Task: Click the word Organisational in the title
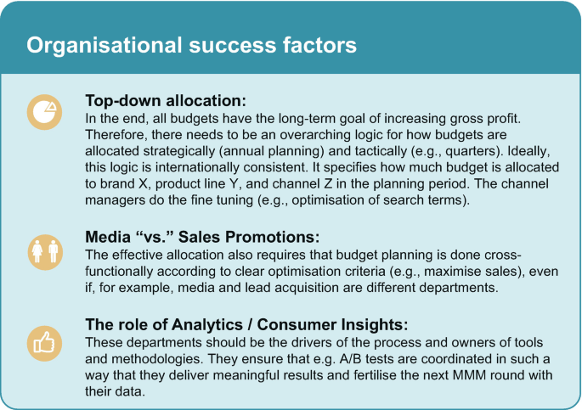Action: pyautogui.click(x=105, y=45)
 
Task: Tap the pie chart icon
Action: pyautogui.click(x=44, y=112)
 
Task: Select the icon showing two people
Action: pyautogui.click(x=45, y=252)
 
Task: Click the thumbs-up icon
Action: pyautogui.click(x=44, y=343)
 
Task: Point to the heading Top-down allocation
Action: pyautogui.click(x=166, y=100)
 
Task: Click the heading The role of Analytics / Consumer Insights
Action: pyautogui.click(x=246, y=324)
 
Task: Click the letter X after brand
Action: pyautogui.click(x=142, y=184)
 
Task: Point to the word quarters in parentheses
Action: pyautogui.click(x=472, y=151)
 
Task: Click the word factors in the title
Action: pyautogui.click(x=319, y=45)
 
